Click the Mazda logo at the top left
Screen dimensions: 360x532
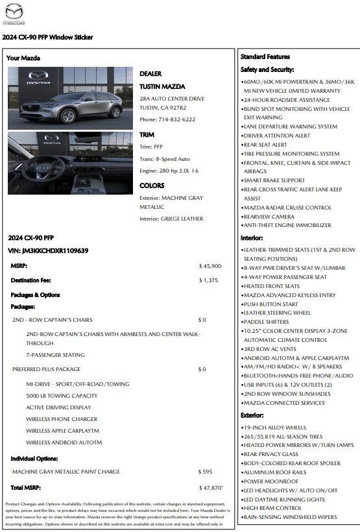coord(14,13)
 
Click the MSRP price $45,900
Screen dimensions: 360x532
coord(210,266)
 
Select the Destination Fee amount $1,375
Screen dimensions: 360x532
coord(208,280)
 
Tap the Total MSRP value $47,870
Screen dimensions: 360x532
coord(211,487)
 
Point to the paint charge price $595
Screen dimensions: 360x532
coord(205,472)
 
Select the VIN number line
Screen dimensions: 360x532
coord(48,250)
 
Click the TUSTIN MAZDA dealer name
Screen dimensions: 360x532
coord(162,86)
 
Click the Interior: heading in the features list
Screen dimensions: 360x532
coord(252,238)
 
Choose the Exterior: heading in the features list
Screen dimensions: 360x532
coord(252,415)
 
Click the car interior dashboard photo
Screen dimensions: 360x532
coord(71,163)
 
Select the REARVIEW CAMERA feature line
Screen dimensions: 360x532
coord(269,217)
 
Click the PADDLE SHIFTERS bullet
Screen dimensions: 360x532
coord(266,322)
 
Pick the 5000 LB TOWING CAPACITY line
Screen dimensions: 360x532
coord(62,396)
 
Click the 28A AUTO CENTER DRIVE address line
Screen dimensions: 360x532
coord(172,99)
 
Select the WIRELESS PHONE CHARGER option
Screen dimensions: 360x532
coord(62,419)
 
